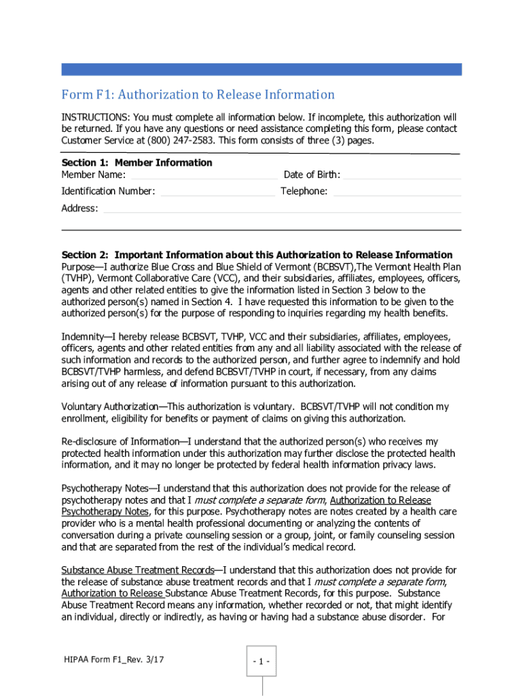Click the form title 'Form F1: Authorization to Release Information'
coord(198,94)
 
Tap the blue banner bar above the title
coord(261,69)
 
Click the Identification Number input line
coord(218,192)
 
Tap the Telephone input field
coord(397,192)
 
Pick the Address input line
coord(281,209)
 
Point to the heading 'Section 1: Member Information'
coord(137,162)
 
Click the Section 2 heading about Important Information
coord(257,255)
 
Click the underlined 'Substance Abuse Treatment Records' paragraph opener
coord(138,570)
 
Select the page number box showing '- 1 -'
coord(261,661)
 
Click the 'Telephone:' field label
coord(304,192)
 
